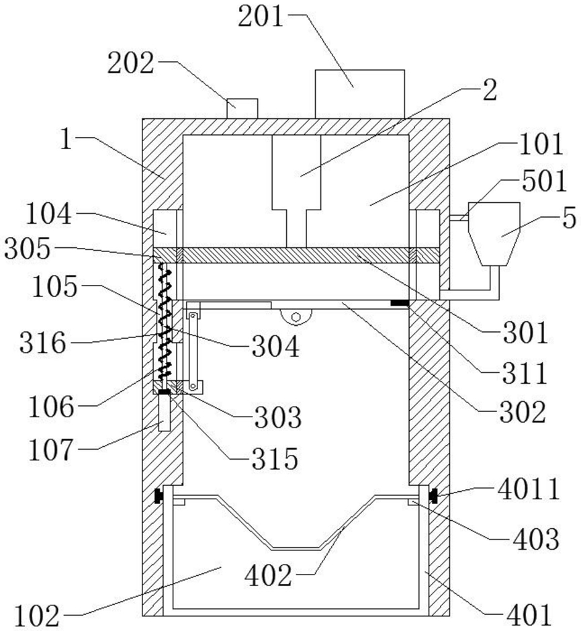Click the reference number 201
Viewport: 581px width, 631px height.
[261, 17]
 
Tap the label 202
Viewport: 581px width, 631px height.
[131, 62]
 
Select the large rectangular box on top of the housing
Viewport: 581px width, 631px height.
[360, 94]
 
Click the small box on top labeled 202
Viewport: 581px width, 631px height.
[242, 109]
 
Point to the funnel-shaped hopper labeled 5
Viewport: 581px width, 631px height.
[494, 234]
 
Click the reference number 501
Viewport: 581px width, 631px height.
[544, 181]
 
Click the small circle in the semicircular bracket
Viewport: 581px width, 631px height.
[296, 317]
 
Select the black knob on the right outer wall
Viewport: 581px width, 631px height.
[433, 495]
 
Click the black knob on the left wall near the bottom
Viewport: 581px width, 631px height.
[159, 495]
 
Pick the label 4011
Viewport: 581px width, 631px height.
[529, 489]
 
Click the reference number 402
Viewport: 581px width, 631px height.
[268, 575]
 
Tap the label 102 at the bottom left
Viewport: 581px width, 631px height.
[38, 616]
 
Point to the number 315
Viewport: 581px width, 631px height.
[275, 459]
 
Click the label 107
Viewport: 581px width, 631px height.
[51, 450]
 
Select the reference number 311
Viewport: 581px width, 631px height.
[525, 373]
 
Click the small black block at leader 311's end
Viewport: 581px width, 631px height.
[400, 303]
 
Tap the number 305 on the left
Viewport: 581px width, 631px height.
[28, 248]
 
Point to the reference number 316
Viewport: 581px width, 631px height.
[42, 343]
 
